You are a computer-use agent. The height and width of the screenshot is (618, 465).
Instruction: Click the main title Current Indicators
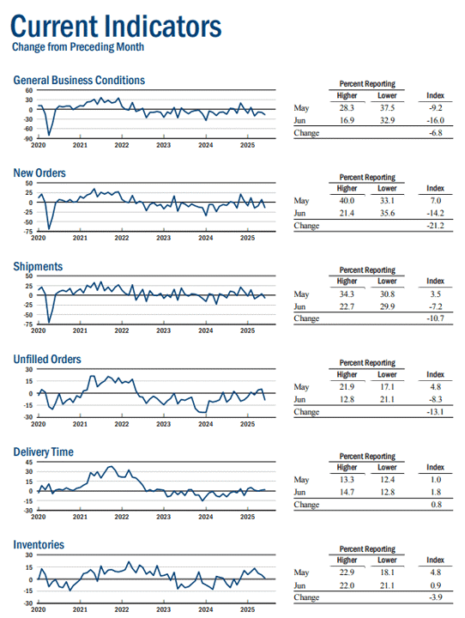click(116, 26)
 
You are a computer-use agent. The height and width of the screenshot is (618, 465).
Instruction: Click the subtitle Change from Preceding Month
click(78, 47)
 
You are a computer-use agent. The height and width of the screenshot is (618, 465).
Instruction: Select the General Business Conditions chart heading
click(79, 81)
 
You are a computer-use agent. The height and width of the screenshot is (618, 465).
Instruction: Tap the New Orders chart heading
click(39, 173)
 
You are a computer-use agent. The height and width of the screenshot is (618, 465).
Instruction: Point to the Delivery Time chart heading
click(44, 451)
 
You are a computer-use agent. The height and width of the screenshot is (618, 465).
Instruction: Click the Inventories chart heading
click(39, 545)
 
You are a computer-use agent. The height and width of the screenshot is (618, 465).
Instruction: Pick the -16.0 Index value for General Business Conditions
click(436, 120)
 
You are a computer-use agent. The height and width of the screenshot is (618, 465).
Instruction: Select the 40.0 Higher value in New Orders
click(347, 201)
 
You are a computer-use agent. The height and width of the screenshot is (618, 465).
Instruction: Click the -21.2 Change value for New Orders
click(436, 226)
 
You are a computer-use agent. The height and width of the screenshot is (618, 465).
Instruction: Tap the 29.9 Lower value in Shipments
click(388, 306)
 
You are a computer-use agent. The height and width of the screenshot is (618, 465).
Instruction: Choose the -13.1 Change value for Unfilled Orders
click(436, 411)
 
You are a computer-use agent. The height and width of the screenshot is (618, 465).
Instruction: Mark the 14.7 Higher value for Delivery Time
click(347, 492)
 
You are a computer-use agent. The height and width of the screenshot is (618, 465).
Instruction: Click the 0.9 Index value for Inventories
click(436, 585)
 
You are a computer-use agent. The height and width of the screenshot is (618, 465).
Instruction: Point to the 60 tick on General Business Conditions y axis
click(29, 90)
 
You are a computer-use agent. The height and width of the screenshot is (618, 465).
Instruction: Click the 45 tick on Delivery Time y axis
click(29, 462)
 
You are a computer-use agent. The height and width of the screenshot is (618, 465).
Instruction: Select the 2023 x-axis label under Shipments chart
click(164, 330)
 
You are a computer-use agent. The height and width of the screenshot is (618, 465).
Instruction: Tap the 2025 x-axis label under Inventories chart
click(247, 609)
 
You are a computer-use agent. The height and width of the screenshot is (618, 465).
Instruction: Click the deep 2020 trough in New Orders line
click(49, 228)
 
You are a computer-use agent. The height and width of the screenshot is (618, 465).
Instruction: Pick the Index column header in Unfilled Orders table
click(436, 374)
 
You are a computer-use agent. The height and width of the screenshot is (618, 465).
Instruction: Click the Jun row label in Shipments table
click(299, 306)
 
